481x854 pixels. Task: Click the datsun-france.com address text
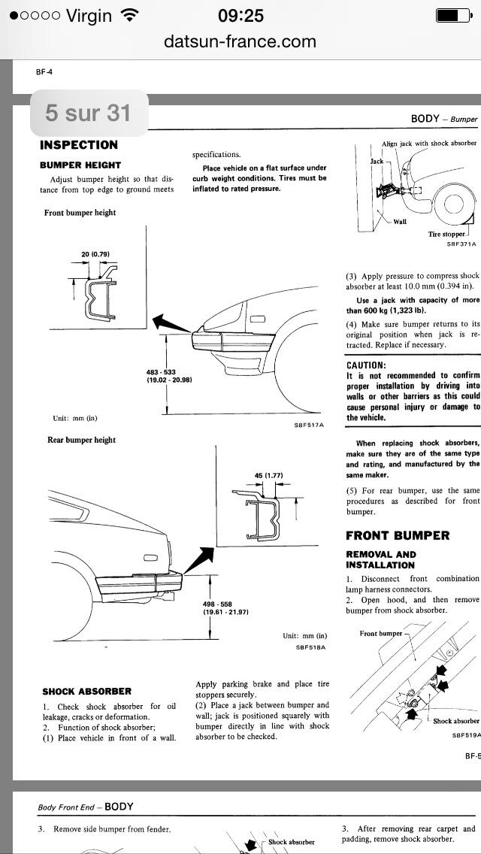240,41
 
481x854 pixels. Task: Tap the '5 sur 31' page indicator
87,113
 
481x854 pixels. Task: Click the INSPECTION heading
79,145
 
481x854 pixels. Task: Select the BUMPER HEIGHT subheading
80,165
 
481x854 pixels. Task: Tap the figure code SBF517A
308,425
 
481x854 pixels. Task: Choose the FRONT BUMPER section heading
398,535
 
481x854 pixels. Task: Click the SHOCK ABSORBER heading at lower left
87,691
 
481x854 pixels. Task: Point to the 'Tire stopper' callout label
446,234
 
